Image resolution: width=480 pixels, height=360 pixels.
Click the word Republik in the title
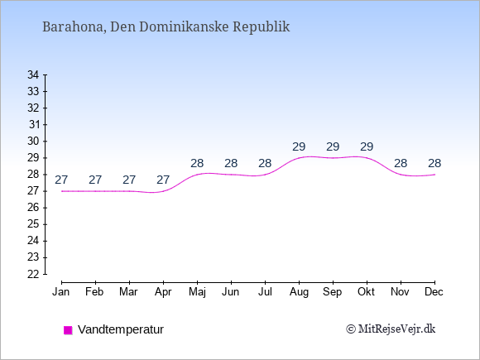[x=262, y=26]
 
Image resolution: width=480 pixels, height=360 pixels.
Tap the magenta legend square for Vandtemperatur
[x=68, y=330]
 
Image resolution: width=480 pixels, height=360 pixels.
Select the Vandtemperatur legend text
[x=121, y=329]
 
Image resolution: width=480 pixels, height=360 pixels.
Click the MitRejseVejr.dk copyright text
[x=391, y=329]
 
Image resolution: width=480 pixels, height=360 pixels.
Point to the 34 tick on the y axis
[x=45, y=74]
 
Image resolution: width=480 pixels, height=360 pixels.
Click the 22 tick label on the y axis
[x=33, y=274]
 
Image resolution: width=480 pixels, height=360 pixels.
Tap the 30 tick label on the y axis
[x=33, y=142]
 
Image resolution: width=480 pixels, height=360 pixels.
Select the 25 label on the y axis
[x=33, y=224]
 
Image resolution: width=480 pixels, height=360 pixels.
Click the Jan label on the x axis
[x=61, y=292]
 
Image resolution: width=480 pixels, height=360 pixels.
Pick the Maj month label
[x=197, y=292]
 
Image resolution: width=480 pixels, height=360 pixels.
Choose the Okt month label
[x=366, y=292]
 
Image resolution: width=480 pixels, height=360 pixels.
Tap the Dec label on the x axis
[x=434, y=292]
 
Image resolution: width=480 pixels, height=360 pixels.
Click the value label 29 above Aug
[x=299, y=147]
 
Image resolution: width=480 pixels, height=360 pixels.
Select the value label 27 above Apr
[x=163, y=180]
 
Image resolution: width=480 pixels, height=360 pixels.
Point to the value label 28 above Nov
[x=401, y=164]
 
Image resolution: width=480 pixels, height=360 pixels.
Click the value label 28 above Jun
[x=231, y=164]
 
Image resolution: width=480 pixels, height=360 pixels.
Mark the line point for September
[x=333, y=158]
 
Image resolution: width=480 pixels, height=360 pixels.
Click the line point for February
[x=95, y=191]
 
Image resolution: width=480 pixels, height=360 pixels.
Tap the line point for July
[x=265, y=175]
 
